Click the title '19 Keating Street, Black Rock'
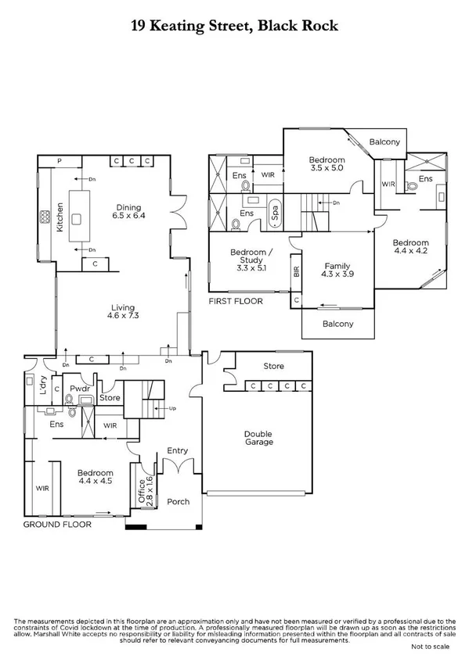coord(234,26)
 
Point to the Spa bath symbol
coord(275,212)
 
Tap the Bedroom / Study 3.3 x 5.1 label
coord(251,257)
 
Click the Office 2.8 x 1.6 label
coord(142,491)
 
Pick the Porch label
coord(179,501)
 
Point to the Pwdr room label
coord(78,388)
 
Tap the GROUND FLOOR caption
coord(57,525)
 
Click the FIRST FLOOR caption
coord(236,300)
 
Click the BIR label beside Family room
coord(296,271)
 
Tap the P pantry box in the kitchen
coord(60,161)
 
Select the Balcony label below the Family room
coord(337,324)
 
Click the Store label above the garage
coord(273,366)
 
